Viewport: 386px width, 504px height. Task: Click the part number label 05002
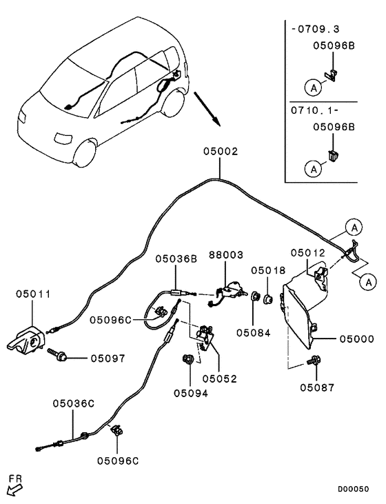[221, 151]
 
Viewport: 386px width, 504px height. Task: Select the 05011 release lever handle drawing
[26, 341]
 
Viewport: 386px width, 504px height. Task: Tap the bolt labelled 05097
[57, 354]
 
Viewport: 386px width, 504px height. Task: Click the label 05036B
[176, 259]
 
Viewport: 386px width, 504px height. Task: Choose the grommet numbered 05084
[256, 296]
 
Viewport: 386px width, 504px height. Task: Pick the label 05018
[268, 270]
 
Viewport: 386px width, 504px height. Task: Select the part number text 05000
[357, 339]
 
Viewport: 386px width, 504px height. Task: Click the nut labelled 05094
[187, 359]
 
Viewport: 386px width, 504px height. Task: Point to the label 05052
[219, 379]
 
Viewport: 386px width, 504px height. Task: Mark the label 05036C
[74, 403]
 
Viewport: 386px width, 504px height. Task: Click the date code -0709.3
[315, 29]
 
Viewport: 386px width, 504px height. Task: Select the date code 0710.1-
[314, 110]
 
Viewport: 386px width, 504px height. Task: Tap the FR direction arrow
[14, 490]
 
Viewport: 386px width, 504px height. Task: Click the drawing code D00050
[353, 489]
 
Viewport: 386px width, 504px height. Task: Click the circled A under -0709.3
[314, 88]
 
